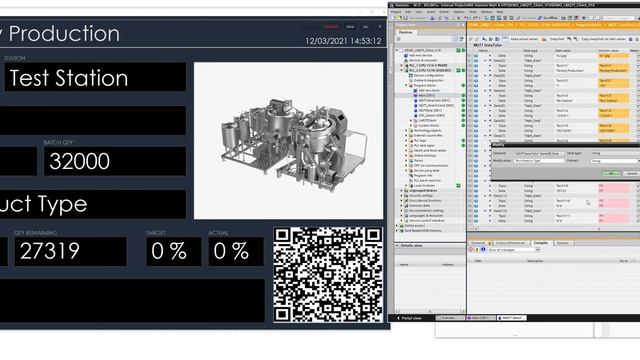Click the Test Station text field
pos(90,78)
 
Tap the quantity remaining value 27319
pos(70,251)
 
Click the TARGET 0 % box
pos(164,251)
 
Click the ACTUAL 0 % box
pos(229,251)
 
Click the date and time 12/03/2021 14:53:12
pos(342,41)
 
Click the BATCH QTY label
pos(60,143)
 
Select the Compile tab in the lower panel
pos(540,242)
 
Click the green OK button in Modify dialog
pos(611,173)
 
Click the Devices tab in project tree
pos(406,32)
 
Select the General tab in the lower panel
pos(479,242)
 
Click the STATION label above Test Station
pos(14,58)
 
